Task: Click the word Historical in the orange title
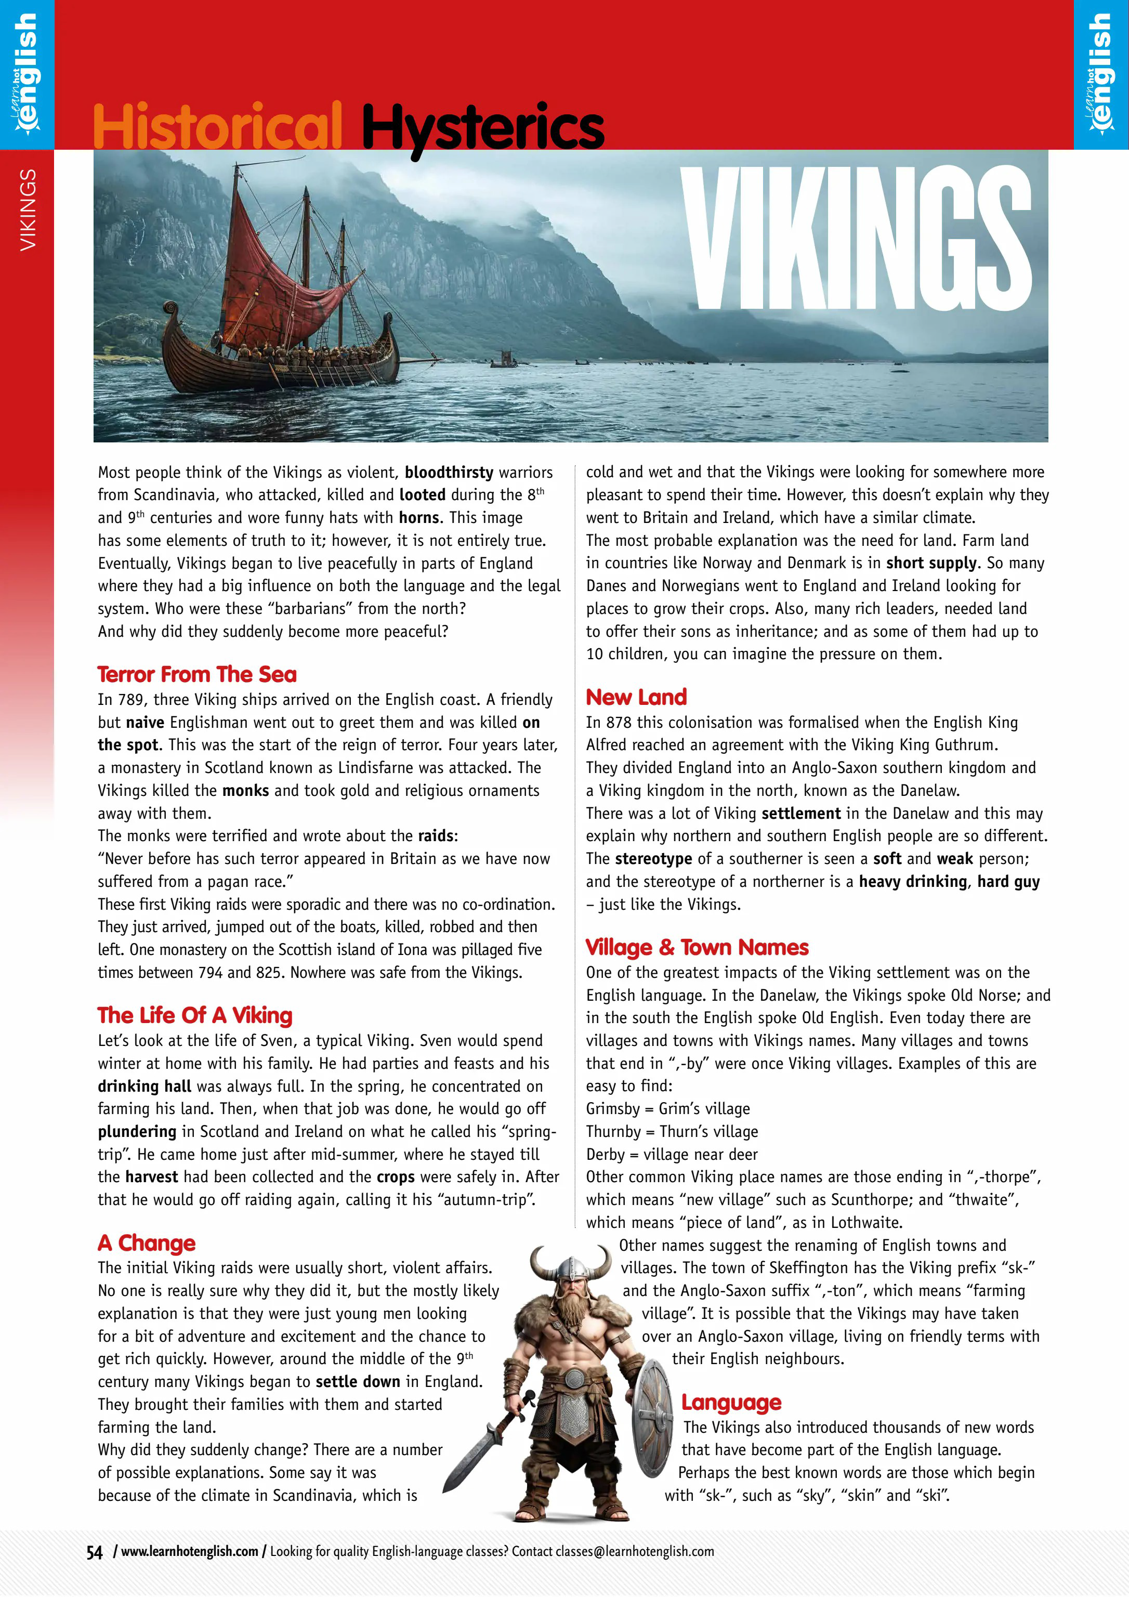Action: pos(217,127)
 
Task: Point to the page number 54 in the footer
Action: pos(95,1552)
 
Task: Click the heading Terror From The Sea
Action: pos(197,674)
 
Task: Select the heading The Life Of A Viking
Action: pos(195,1015)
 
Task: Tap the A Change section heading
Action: pos(147,1243)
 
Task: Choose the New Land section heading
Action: pos(636,697)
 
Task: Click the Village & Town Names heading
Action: pos(697,947)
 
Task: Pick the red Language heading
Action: pos(731,1403)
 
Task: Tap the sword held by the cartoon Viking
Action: pos(487,1440)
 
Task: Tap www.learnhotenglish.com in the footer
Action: pos(189,1552)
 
